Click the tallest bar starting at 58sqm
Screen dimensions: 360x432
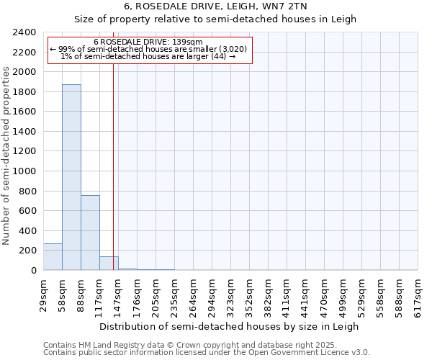(71, 177)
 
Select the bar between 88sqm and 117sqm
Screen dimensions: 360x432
(90, 233)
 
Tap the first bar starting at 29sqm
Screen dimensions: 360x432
(53, 256)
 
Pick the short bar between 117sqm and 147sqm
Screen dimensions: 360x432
(109, 264)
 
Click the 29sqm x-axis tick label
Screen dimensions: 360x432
(43, 294)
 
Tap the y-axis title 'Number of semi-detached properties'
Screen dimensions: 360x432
(7, 156)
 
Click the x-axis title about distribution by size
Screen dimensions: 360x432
(230, 326)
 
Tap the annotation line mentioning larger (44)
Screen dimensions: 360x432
(148, 56)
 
